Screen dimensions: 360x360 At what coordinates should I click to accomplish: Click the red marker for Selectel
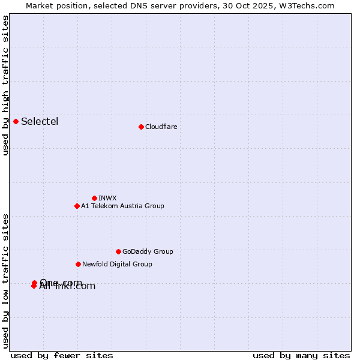16,122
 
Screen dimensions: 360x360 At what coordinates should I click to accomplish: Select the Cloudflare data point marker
141,127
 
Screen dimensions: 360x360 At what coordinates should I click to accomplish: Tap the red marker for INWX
94,198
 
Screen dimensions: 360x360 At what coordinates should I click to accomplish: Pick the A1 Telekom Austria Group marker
77,206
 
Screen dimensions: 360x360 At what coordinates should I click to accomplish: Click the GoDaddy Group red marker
118,251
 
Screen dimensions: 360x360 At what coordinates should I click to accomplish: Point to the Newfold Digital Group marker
78,264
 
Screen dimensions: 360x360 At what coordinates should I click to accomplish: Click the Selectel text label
40,122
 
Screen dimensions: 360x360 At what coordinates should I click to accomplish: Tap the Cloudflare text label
161,127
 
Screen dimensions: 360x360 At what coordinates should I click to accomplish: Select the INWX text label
107,198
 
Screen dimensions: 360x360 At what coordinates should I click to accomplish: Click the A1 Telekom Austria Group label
122,206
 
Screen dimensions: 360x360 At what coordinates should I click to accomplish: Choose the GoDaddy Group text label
148,251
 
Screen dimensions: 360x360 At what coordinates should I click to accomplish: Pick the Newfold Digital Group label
117,264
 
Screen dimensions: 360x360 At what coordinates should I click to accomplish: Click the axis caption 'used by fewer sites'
62,355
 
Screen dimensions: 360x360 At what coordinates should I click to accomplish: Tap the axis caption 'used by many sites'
301,355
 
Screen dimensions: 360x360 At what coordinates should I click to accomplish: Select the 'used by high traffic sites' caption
6,85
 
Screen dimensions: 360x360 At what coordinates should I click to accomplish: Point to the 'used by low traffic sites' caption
6,280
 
